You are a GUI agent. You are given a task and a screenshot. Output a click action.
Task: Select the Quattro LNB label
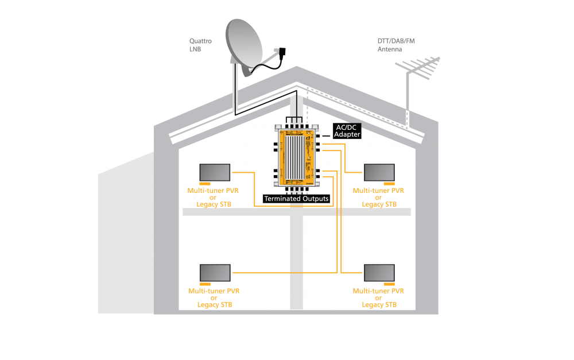tap(200, 45)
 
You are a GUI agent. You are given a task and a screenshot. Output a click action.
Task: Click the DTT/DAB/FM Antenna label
tap(396, 45)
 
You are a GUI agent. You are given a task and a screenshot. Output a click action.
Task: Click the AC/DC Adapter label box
tap(347, 131)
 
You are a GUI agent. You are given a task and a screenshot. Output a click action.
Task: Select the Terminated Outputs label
tap(297, 199)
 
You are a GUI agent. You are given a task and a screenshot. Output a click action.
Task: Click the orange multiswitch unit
tap(297, 157)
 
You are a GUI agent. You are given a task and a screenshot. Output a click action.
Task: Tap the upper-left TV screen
tap(215, 172)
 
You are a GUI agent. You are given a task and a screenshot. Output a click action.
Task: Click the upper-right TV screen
tap(379, 172)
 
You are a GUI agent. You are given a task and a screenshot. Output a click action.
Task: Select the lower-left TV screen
tap(215, 273)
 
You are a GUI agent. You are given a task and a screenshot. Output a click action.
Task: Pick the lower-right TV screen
tap(379, 273)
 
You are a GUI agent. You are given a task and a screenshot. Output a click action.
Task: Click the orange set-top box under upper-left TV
tap(205, 184)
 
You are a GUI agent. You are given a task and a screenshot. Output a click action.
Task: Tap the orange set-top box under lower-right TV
tap(389, 284)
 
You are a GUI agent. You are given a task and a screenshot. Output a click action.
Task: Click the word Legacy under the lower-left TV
tap(208, 305)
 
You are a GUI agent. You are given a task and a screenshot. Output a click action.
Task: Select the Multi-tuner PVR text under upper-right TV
tap(378, 191)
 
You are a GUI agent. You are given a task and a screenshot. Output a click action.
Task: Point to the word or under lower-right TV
tap(378, 298)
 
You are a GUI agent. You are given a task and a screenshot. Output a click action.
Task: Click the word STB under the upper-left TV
tap(225, 204)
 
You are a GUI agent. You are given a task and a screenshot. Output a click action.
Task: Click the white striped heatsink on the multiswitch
tap(295, 157)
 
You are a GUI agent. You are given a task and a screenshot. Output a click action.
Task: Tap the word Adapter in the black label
tap(347, 134)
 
